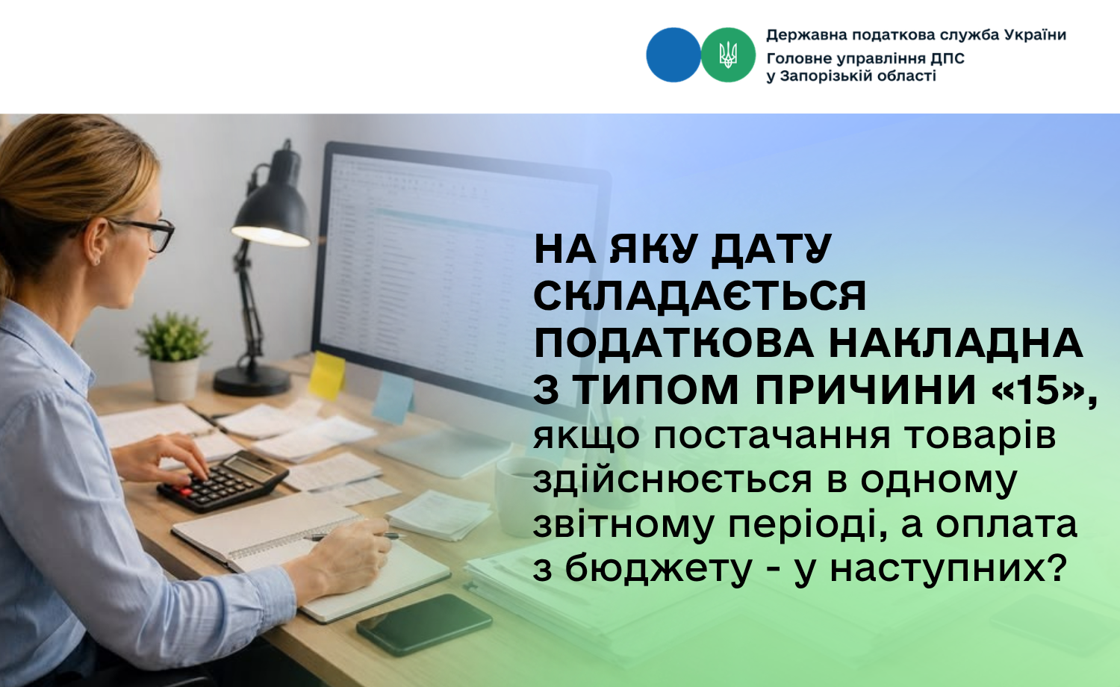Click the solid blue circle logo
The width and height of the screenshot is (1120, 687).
pos(673,55)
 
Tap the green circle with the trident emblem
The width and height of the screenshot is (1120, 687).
pos(728,55)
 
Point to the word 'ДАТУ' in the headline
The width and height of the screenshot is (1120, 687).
pos(771,249)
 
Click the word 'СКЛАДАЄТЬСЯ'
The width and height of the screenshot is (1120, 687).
pos(700,296)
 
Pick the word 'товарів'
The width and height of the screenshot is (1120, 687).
pos(980,436)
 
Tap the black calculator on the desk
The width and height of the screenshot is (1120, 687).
pos(223,480)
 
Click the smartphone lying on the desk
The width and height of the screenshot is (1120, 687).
pos(424,624)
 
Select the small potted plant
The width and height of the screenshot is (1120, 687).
pos(173,355)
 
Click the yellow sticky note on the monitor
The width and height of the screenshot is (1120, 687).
pos(326,376)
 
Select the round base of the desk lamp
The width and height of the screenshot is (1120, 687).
pos(252,381)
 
